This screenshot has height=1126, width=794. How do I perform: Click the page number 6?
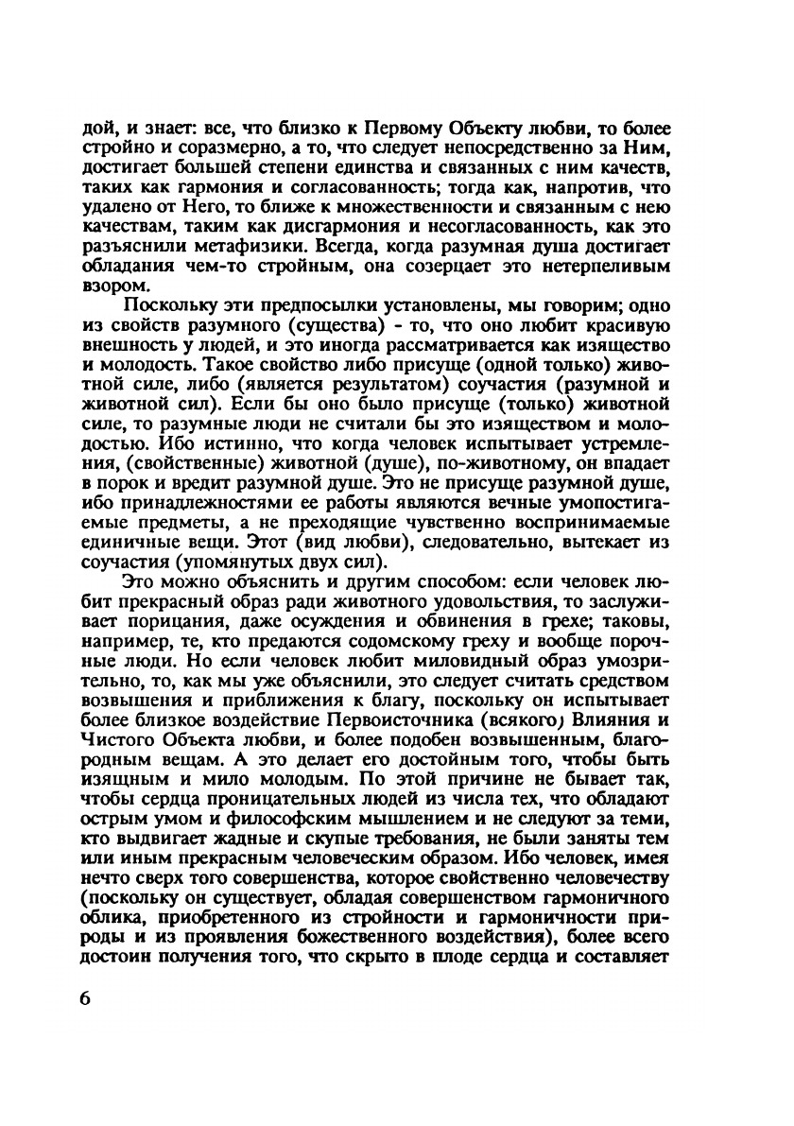click(x=86, y=1000)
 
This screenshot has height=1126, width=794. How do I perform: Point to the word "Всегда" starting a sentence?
click(x=381, y=248)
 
